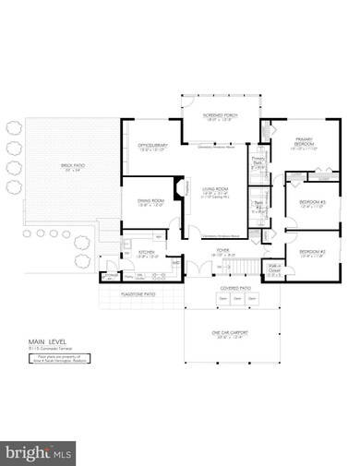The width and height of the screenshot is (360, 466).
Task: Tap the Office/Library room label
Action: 150,148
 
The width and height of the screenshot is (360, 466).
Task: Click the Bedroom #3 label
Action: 312,205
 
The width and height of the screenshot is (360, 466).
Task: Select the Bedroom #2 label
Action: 312,253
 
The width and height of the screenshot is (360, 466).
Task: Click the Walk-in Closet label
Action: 272,269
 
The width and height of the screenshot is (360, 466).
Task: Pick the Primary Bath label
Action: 258,163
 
